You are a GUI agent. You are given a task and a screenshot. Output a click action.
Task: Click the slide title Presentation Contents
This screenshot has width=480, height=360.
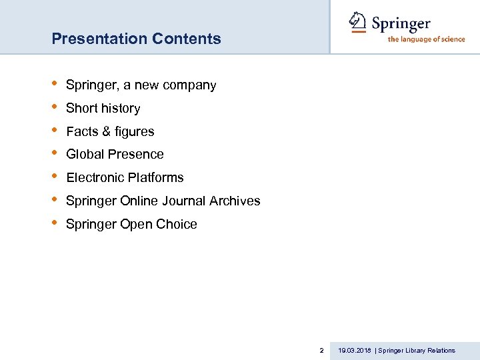click(x=136, y=39)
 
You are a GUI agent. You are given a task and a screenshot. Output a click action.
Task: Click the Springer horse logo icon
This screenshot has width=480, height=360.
click(x=358, y=23)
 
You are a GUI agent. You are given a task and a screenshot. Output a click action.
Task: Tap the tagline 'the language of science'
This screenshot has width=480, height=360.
click(x=426, y=39)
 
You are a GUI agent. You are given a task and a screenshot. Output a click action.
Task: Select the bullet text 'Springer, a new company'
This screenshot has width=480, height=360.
click(x=141, y=85)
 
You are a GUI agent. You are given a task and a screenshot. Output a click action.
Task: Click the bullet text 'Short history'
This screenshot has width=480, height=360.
click(x=103, y=108)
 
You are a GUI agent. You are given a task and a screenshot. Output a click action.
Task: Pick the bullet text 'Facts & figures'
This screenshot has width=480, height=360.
click(x=110, y=131)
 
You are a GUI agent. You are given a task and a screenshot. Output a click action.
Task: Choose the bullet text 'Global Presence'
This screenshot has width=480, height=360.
click(x=115, y=154)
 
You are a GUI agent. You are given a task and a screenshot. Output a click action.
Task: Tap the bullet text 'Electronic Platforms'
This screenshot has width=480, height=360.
click(x=125, y=177)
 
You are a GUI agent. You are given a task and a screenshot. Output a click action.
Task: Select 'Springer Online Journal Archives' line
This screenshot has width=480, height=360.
click(x=163, y=201)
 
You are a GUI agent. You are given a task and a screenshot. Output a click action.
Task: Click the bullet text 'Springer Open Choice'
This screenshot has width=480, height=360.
click(x=131, y=224)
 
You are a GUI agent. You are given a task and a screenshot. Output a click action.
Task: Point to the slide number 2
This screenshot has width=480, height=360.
click(x=321, y=350)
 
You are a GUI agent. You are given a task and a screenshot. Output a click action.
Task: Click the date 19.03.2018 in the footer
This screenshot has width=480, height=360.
click(x=355, y=350)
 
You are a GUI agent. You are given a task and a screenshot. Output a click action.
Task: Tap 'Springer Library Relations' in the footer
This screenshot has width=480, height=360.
click(x=417, y=350)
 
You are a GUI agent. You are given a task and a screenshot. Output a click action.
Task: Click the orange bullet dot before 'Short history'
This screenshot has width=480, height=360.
click(x=55, y=107)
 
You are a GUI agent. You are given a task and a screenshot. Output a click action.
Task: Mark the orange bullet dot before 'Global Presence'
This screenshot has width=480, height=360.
click(x=55, y=153)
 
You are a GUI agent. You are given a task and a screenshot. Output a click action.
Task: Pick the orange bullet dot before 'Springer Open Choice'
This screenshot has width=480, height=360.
click(x=55, y=223)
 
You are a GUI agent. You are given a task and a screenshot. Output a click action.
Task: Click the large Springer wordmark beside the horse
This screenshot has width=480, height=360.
click(x=401, y=24)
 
